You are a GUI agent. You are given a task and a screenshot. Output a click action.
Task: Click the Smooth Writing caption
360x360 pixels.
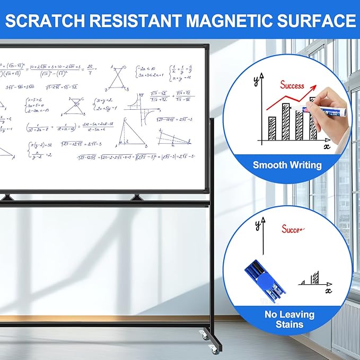[x=287, y=165]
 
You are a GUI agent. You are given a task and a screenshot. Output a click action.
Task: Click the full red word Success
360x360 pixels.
[x=292, y=85]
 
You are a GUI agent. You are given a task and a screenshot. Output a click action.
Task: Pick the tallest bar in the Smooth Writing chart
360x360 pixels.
[x=286, y=121]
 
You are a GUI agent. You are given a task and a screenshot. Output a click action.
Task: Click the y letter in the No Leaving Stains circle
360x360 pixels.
[x=258, y=224]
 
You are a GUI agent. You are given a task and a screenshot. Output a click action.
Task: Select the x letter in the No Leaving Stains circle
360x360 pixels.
[x=328, y=290]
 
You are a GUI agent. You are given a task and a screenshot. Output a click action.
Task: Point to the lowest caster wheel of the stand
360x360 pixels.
[x=213, y=349]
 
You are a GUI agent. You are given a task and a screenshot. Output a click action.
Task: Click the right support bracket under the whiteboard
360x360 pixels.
[x=137, y=197]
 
